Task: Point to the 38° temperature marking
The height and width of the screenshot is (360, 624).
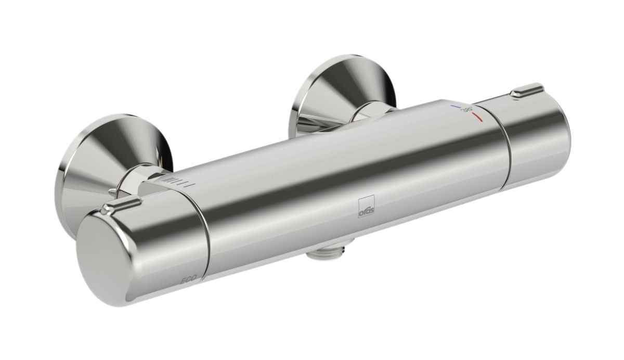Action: (467, 109)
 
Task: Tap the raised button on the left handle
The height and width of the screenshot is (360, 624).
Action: (121, 204)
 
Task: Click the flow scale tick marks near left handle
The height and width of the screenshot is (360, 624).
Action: (179, 182)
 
